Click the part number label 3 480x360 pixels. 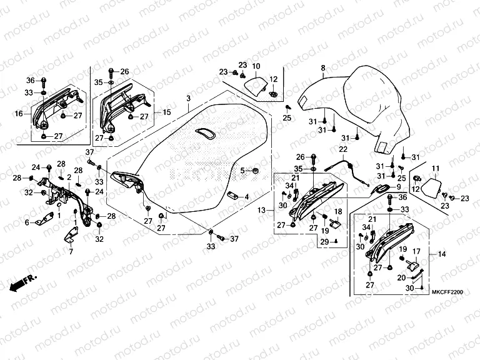tap(187, 99)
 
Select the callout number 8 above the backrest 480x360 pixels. tap(323, 67)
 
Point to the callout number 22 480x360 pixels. tap(342, 149)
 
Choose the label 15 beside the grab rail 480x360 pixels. tap(166, 112)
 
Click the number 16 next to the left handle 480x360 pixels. tap(19, 113)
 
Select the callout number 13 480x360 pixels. tap(262, 210)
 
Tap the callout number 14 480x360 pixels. tap(442, 254)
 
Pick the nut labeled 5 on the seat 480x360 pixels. tap(256, 170)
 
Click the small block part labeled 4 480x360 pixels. tap(232, 195)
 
